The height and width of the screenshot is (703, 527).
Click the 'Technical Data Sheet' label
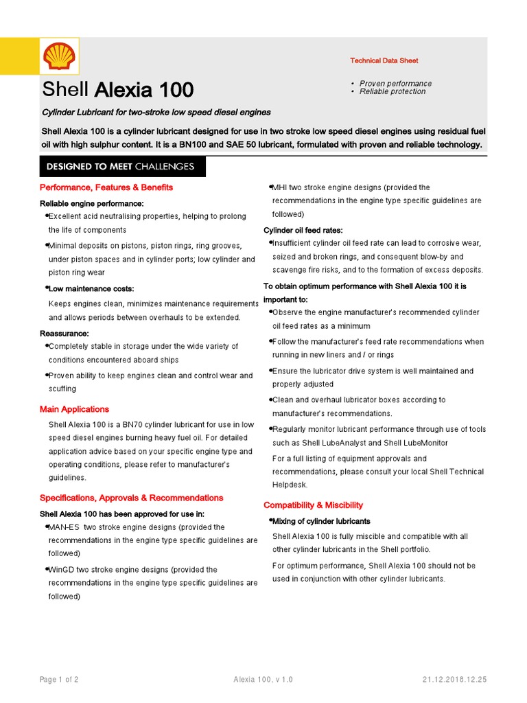pyautogui.click(x=384, y=61)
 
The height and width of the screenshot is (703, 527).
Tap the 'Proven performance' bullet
pyautogui.click(x=395, y=84)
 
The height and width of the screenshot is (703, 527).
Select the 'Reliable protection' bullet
pyautogui.click(x=393, y=91)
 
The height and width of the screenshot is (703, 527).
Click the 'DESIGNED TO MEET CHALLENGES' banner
pyautogui.click(x=120, y=167)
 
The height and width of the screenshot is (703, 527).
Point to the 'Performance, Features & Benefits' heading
pyautogui.click(x=106, y=187)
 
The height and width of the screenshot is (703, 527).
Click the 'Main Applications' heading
pyautogui.click(x=74, y=409)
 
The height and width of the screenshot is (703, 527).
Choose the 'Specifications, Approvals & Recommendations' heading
pyautogui.click(x=131, y=498)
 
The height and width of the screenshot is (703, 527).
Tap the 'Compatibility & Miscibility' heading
pyautogui.click(x=313, y=505)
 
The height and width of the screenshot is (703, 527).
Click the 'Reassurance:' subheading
pyautogui.click(x=64, y=333)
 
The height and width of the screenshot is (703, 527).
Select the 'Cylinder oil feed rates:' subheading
pyautogui.click(x=303, y=230)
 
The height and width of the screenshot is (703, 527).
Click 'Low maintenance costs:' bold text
pyautogui.click(x=91, y=289)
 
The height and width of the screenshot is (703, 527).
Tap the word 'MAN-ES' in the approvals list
pyautogui.click(x=64, y=527)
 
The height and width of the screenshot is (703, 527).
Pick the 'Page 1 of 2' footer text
pyautogui.click(x=59, y=680)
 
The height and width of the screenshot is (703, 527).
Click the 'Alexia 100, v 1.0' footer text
pyautogui.click(x=263, y=680)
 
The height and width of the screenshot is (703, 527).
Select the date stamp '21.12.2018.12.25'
pyautogui.click(x=454, y=680)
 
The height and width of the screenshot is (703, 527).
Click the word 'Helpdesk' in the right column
pyautogui.click(x=291, y=485)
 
